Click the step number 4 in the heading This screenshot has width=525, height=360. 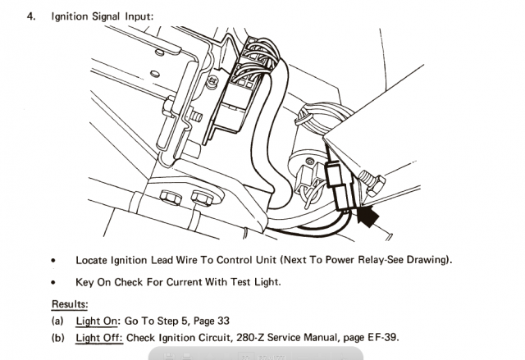[32, 16]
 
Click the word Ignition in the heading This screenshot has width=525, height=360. [71, 16]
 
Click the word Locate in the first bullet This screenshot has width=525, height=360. [93, 260]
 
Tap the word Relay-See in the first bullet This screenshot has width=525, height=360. [374, 260]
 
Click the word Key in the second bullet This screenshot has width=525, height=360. [85, 282]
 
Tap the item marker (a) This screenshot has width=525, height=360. [59, 321]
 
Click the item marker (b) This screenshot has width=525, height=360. [59, 338]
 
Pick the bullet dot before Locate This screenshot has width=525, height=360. [53, 261]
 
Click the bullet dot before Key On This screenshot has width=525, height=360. [53, 283]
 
